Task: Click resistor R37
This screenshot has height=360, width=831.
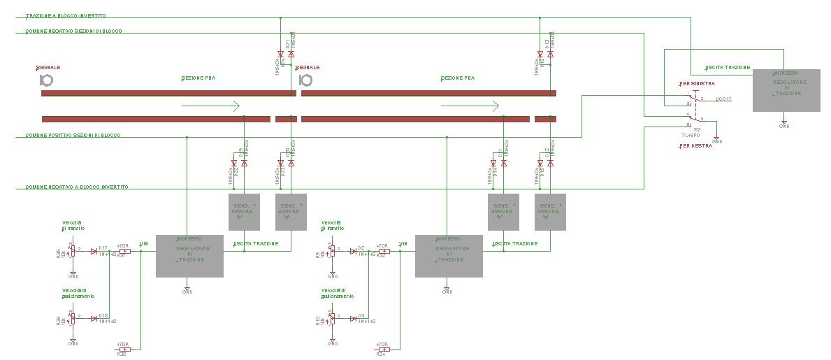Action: [124, 252]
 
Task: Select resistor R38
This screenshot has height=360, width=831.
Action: [124, 350]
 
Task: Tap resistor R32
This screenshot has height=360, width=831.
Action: [382, 252]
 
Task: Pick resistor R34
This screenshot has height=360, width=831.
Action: [382, 350]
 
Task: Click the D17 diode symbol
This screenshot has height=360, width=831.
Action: [94, 252]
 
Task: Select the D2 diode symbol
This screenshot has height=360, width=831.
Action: [353, 252]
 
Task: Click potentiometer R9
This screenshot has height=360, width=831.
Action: [332, 250]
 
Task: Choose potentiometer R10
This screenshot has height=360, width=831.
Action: [332, 318]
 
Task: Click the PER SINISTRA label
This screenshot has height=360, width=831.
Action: [697, 84]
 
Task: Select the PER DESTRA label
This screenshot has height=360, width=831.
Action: [696, 146]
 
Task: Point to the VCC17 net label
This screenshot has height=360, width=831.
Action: [723, 99]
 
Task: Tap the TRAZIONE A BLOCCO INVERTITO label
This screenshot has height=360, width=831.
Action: [66, 15]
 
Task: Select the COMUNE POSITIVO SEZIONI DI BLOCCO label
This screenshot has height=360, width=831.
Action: [73, 134]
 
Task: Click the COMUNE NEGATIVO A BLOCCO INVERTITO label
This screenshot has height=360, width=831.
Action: [77, 187]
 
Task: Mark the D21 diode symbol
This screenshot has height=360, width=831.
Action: [291, 54]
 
